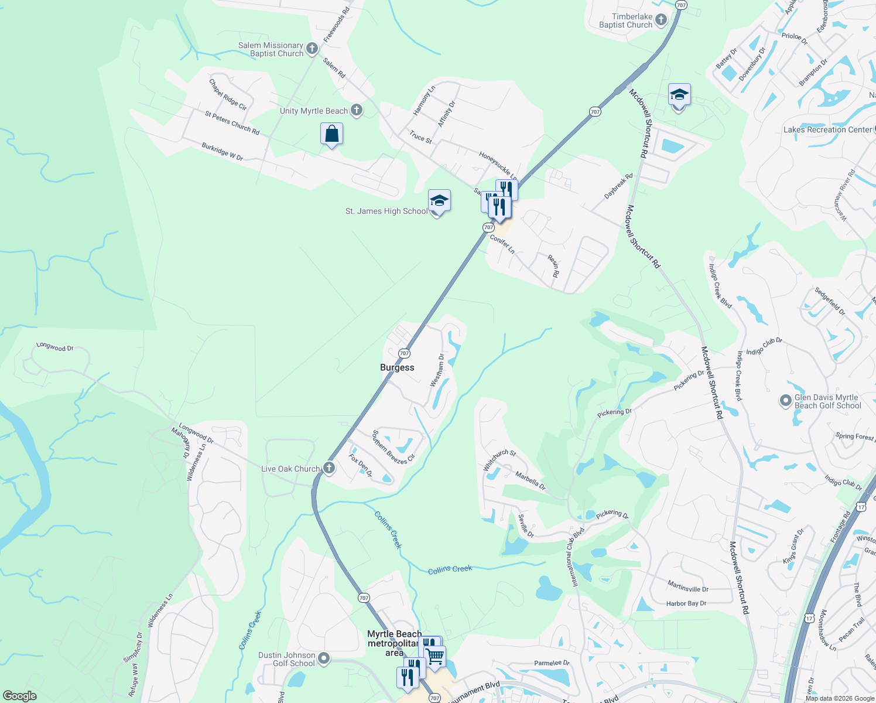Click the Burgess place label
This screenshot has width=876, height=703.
pos(397,367)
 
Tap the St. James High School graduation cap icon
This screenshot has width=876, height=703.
pos(439,201)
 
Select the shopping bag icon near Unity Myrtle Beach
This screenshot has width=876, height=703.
pos(331,134)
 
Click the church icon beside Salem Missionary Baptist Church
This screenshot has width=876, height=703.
pos(312,49)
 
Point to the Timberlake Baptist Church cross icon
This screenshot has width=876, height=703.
pos(661,21)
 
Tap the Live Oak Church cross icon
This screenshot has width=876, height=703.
pos(329,467)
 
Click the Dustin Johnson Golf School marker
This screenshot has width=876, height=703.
pos(323,658)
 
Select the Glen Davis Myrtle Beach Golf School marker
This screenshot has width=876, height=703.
pos(786,401)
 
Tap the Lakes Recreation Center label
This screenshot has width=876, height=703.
pos(827,129)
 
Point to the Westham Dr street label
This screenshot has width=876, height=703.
pos(437,370)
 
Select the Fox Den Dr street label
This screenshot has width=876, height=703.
pos(360,465)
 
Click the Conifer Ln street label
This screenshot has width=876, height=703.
pos(502,244)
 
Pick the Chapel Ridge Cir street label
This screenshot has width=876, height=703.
pos(228,94)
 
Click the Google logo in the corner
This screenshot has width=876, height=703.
pos(19,696)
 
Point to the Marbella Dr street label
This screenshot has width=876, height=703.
pos(530,481)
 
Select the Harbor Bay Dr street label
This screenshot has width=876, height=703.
pos(686,603)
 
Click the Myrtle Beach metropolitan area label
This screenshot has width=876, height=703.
pos(394,643)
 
